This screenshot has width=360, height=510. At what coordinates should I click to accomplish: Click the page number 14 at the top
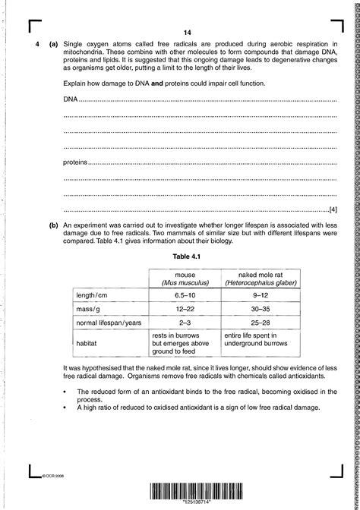pos(186,32)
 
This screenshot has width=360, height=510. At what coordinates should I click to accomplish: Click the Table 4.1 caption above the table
pos(185,257)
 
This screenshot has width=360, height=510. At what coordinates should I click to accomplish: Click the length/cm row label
pos(93,294)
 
